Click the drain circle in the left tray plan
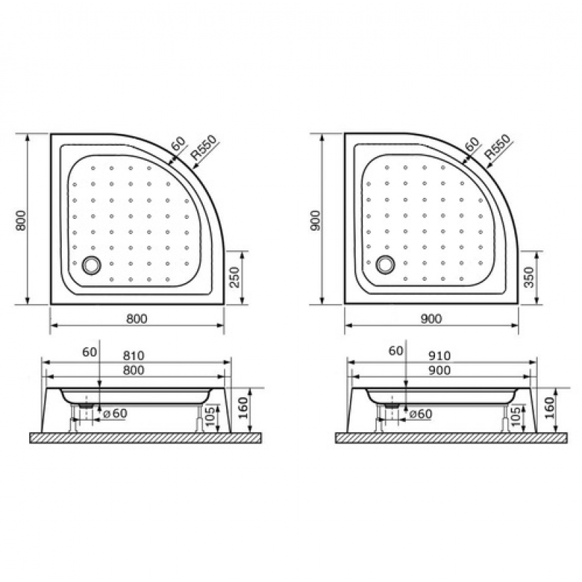tap(92, 266)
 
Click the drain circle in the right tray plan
tap(386, 265)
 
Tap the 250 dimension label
tap(234, 277)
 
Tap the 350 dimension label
tap(529, 277)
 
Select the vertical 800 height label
tap(21, 220)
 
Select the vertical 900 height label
tap(316, 220)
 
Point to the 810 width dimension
tap(134, 356)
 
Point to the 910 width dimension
tap(440, 356)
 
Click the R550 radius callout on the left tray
tap(203, 148)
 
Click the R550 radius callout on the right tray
tap(498, 147)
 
